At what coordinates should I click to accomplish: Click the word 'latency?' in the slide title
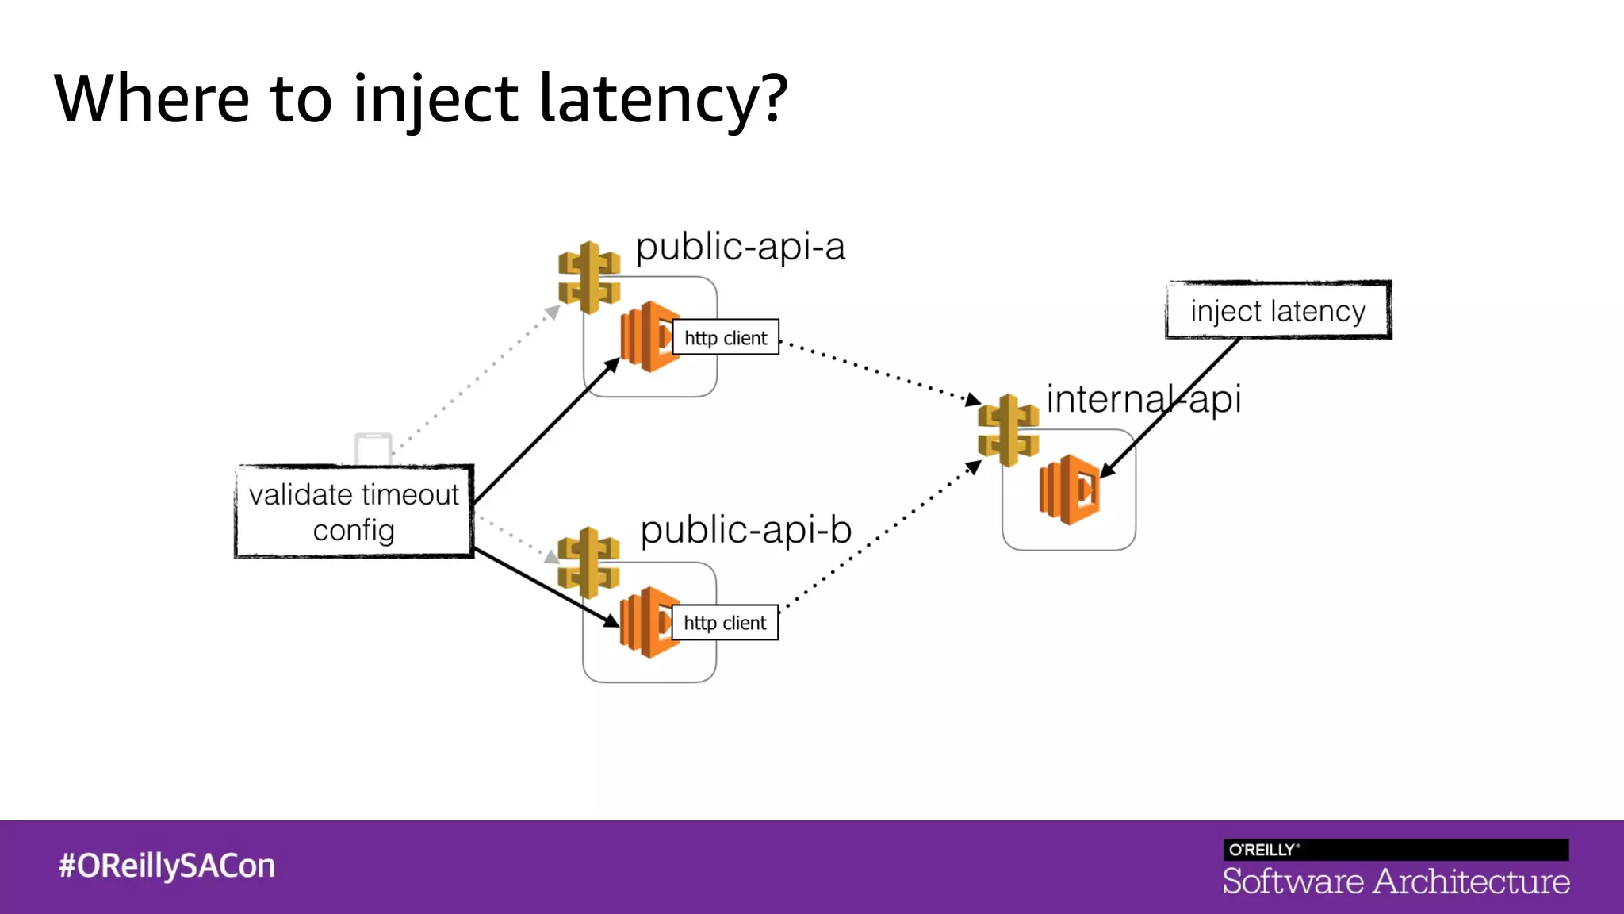(x=663, y=99)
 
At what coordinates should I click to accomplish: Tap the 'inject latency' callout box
(x=1277, y=310)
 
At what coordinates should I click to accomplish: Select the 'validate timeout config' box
(x=354, y=512)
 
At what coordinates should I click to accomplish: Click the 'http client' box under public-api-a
(x=726, y=338)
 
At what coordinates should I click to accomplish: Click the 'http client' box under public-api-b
(x=725, y=623)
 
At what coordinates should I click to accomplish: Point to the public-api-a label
(x=740, y=247)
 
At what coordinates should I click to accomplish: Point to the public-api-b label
(x=745, y=530)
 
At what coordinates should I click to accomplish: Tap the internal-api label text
(x=1143, y=399)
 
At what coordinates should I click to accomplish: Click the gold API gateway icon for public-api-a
(x=588, y=277)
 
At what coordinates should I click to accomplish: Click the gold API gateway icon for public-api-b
(x=588, y=562)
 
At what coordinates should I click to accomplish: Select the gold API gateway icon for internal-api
(x=1008, y=430)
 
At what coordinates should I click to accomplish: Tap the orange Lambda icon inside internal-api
(x=1070, y=490)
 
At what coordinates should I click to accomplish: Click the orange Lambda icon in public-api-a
(x=647, y=336)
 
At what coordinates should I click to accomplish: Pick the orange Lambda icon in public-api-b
(x=646, y=622)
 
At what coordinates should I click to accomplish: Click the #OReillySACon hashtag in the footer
(x=167, y=866)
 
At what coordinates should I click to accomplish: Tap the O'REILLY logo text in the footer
(x=1262, y=850)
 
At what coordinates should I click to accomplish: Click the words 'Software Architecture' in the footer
(x=1396, y=881)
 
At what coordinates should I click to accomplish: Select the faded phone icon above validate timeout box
(x=373, y=449)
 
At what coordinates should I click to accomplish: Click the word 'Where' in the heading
(x=151, y=99)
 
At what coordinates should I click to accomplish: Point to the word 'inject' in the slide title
(x=435, y=99)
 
